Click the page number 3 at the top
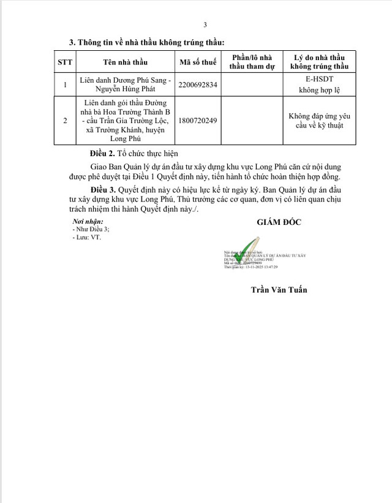pos(205,25)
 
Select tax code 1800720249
pos(195,121)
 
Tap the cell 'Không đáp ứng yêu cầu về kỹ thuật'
pos(318,121)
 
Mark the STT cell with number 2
pos(65,121)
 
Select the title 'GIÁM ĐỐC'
pos(279,222)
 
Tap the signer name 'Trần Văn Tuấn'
pos(279,289)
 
